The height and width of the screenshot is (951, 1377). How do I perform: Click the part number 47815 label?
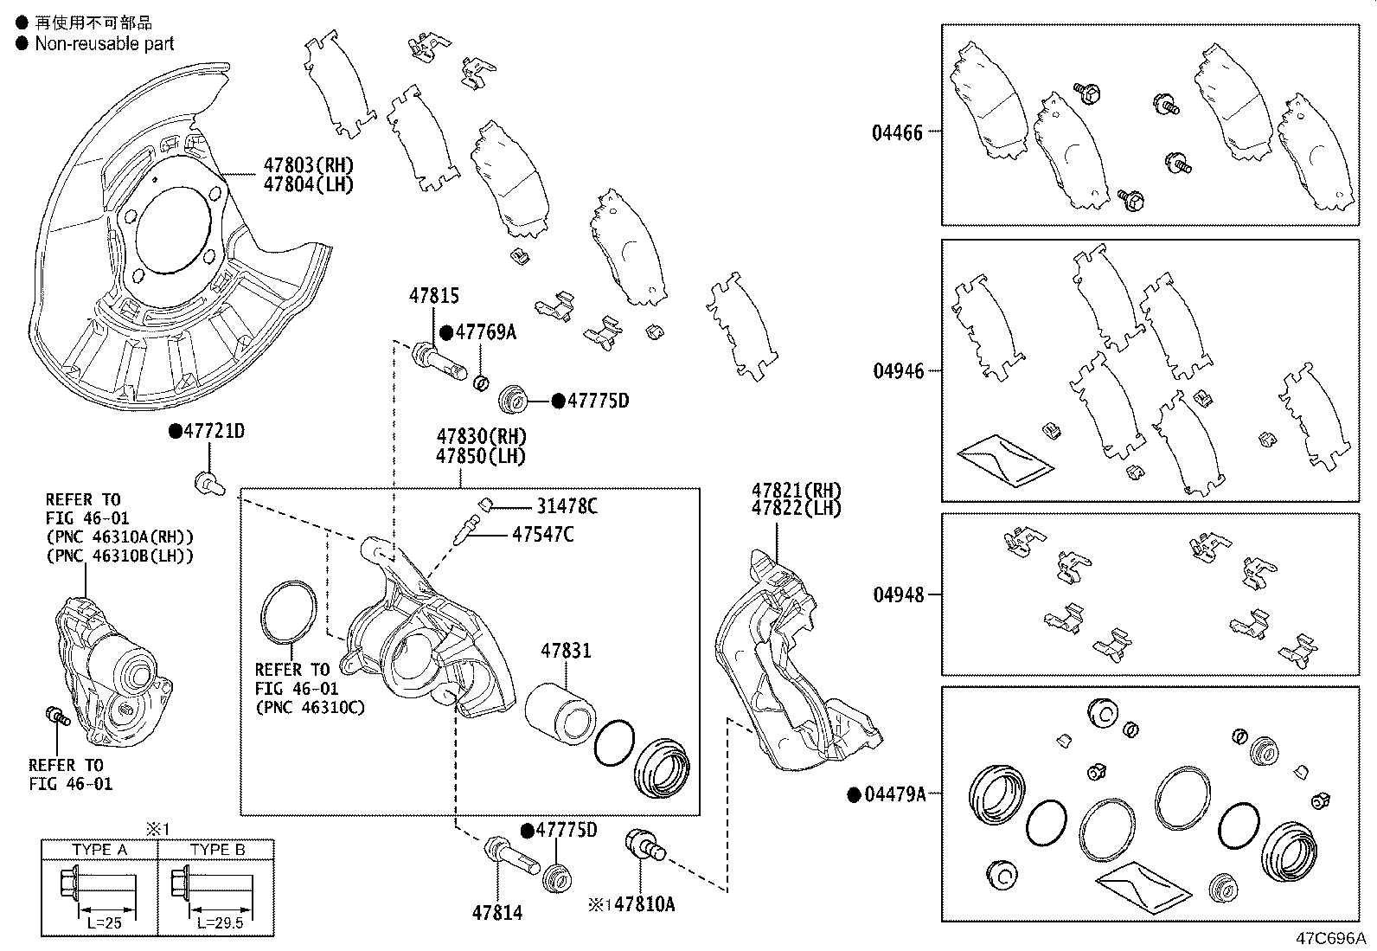click(x=434, y=297)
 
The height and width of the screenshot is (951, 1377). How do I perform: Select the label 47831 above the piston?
click(x=567, y=650)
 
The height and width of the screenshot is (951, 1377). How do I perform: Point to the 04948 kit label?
click(x=898, y=595)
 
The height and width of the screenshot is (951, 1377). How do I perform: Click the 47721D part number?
click(x=213, y=431)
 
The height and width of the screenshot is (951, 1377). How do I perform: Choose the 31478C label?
click(x=567, y=506)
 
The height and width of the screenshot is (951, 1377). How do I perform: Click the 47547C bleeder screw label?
click(x=542, y=535)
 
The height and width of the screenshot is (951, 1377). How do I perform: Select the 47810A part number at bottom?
click(x=644, y=905)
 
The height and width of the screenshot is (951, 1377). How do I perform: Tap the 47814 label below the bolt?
click(x=497, y=912)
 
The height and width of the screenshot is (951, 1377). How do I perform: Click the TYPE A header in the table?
click(x=99, y=850)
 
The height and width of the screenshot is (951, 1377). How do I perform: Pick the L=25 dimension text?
click(x=106, y=923)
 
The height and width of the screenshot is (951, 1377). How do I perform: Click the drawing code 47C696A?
click(x=1329, y=938)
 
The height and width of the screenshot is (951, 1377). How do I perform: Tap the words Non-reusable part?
click(x=104, y=43)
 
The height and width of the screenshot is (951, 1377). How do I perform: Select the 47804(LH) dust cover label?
click(x=309, y=184)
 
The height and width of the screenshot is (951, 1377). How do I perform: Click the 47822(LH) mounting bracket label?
click(x=796, y=509)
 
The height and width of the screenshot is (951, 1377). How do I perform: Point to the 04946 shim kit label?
click(x=898, y=371)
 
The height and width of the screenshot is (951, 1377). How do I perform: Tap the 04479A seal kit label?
click(x=895, y=794)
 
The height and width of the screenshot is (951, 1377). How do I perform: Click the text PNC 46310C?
click(x=310, y=708)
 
